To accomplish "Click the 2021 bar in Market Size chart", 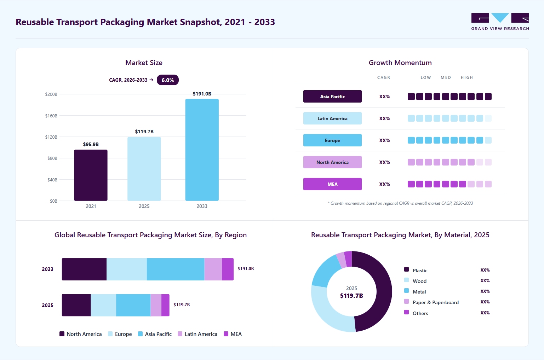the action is [x=91, y=175].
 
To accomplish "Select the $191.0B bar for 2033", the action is [x=202, y=150].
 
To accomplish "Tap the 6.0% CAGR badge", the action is [x=167, y=80].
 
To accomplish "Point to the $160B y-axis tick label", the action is [x=51, y=116].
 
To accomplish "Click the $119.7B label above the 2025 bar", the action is [x=144, y=132].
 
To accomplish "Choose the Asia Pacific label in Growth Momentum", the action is [x=332, y=97].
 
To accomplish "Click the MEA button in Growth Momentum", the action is [x=332, y=184].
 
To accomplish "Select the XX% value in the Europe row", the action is [x=384, y=140].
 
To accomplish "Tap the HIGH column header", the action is [x=467, y=77].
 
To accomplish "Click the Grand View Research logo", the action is [x=500, y=22].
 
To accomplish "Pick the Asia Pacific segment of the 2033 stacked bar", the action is [x=176, y=269].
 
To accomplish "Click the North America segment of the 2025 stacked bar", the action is [x=76, y=305].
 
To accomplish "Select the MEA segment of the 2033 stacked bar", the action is [x=228, y=269].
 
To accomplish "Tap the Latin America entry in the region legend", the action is [x=197, y=334].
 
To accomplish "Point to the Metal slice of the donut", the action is [x=323, y=272].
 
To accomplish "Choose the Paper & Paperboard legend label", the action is [x=436, y=302].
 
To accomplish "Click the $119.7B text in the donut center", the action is [x=351, y=296].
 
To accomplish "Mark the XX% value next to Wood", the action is [x=485, y=281].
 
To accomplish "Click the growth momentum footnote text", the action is [x=400, y=203].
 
